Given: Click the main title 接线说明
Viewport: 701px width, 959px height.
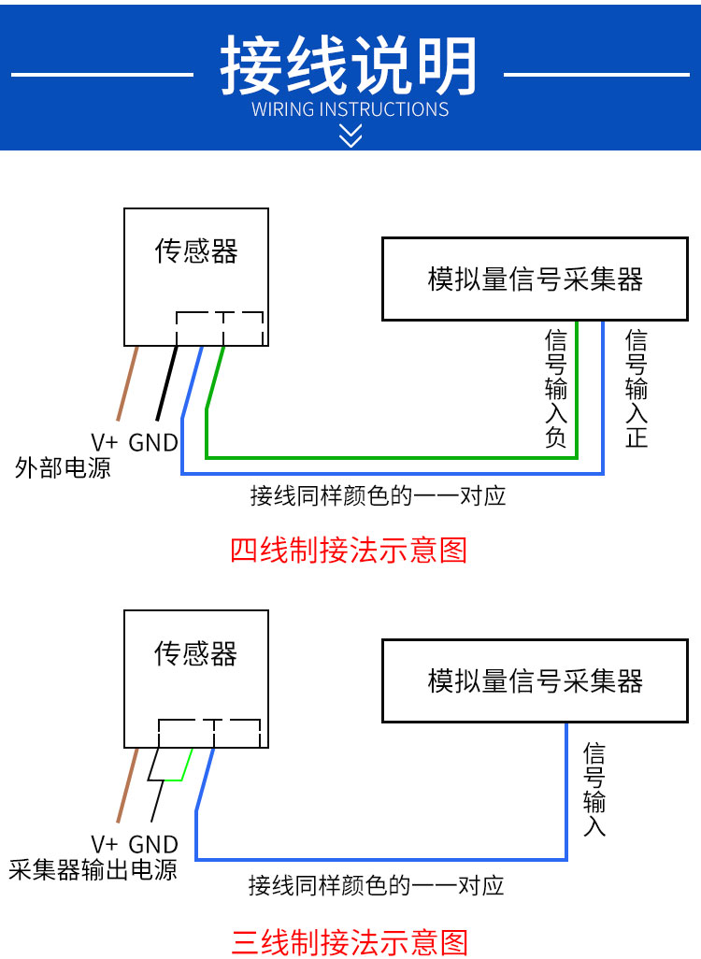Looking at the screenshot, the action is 349,64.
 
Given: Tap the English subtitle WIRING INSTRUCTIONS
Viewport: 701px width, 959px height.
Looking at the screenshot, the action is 350,109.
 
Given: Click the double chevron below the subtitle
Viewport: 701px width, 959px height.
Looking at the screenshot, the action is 350,136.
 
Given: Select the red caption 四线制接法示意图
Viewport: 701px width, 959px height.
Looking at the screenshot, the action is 349,550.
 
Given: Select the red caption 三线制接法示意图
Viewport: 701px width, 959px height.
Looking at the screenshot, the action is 350,942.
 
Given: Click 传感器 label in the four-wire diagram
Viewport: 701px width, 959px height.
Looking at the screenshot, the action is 195,250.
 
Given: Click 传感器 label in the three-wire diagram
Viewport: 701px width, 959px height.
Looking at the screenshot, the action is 195,653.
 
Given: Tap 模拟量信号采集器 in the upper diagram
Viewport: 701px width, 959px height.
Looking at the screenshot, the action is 536,279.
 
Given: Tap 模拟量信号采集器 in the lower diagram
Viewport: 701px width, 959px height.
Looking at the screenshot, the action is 536,681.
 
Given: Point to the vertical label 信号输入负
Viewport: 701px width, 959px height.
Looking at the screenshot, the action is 556,389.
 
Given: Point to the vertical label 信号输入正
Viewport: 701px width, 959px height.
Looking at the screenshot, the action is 637,389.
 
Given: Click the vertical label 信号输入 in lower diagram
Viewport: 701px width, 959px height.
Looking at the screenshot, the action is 594,790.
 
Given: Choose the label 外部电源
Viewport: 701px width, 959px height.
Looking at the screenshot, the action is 63,468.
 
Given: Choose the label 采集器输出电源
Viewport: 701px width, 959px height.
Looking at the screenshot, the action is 93,869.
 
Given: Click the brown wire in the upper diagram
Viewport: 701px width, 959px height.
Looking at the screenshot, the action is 127,383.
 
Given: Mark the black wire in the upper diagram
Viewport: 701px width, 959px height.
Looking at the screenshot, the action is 167,383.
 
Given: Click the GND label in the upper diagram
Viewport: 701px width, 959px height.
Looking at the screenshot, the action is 153,442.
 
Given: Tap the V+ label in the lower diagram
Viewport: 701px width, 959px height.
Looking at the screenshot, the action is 104,844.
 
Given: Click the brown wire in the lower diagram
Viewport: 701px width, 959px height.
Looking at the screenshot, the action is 127,785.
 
